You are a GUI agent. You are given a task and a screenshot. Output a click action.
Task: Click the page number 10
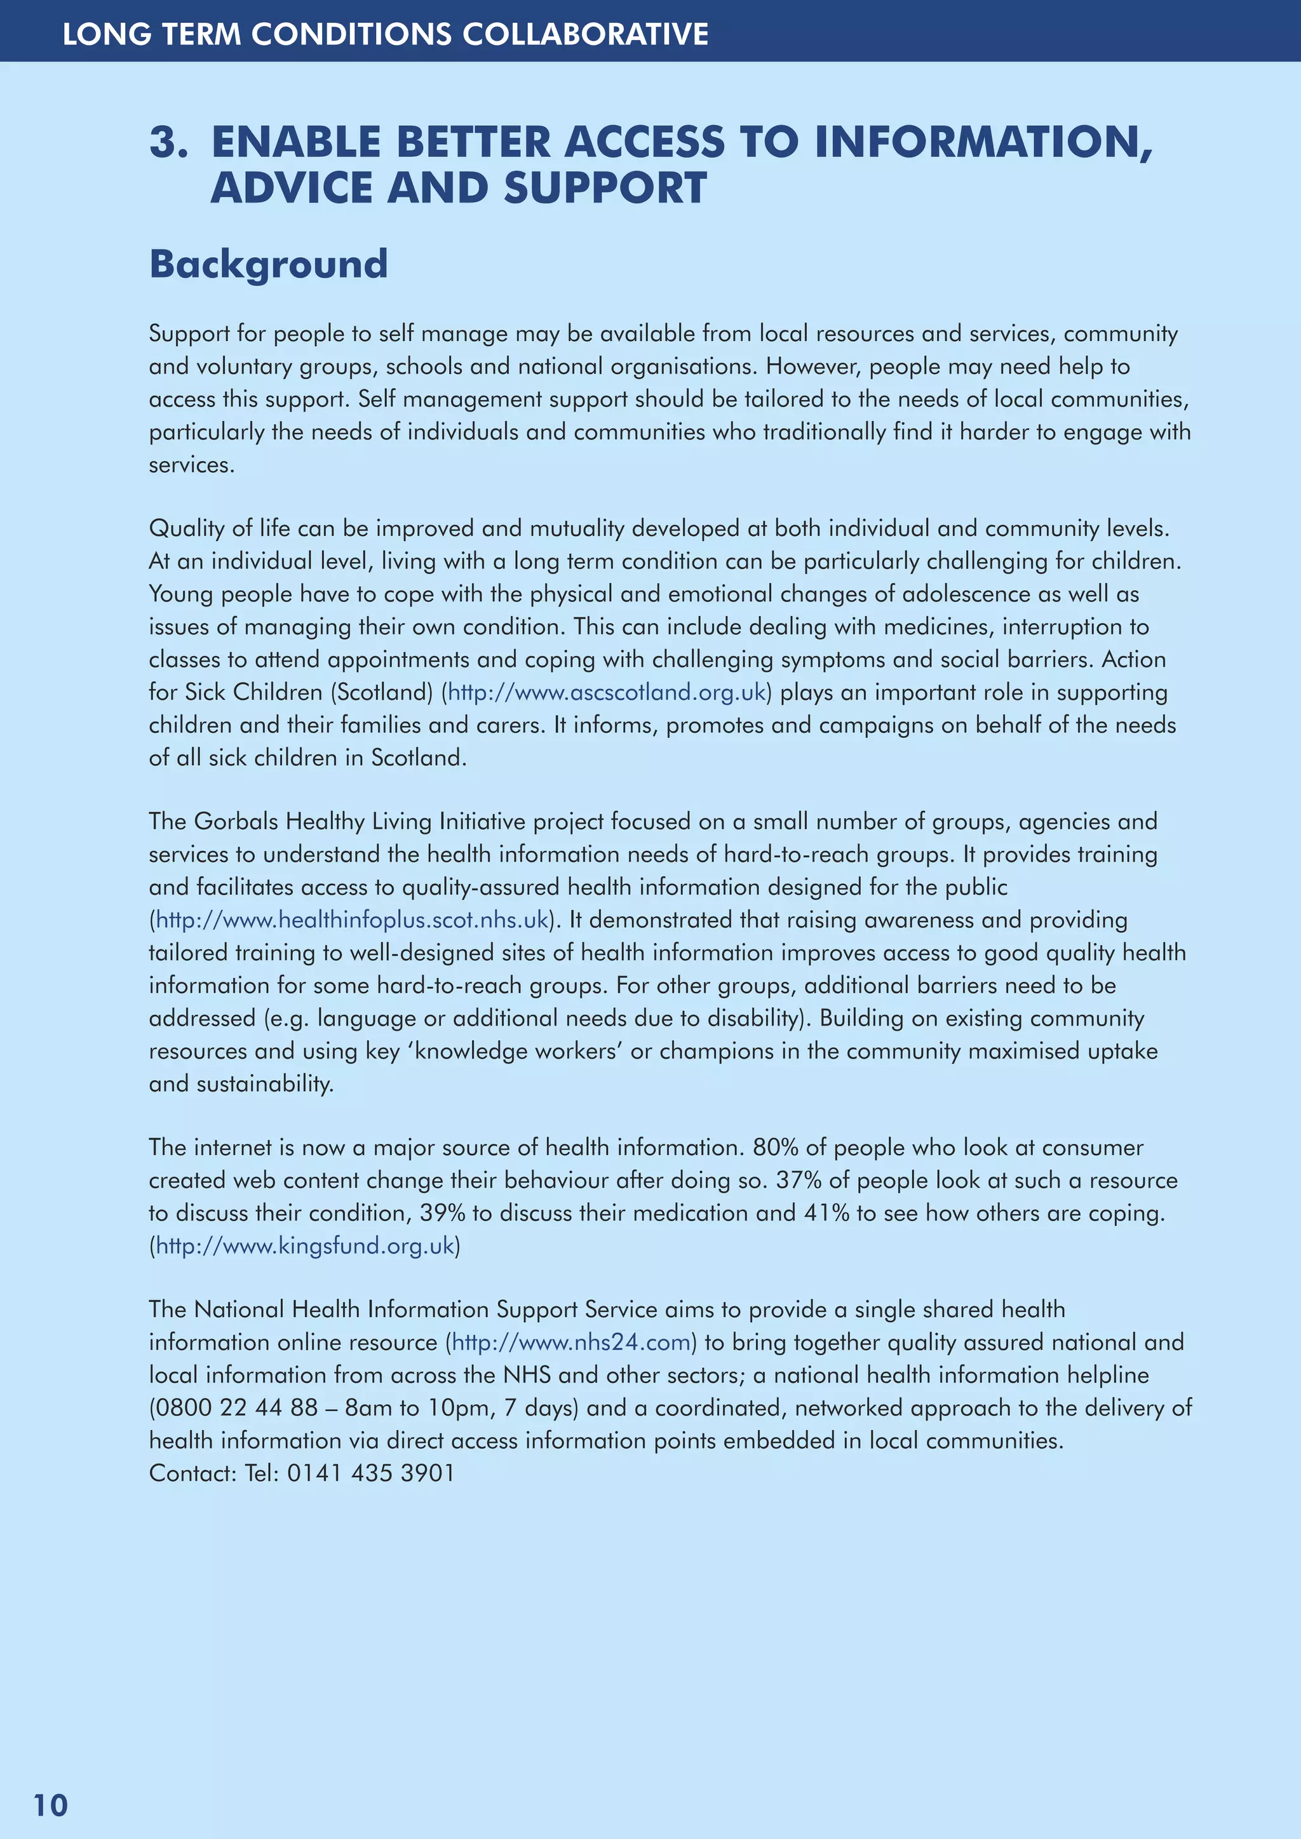point(50,1805)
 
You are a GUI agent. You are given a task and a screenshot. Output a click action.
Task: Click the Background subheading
point(268,264)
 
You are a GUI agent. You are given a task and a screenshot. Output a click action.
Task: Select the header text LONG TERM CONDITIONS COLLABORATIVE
point(386,34)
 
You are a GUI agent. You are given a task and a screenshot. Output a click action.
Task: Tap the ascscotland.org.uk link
point(607,692)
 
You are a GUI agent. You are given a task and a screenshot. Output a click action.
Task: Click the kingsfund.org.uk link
point(304,1245)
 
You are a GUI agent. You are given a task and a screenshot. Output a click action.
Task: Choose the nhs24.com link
point(570,1342)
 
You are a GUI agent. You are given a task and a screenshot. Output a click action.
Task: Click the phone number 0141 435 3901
point(371,1473)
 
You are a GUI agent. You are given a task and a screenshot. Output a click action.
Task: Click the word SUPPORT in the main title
point(605,187)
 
